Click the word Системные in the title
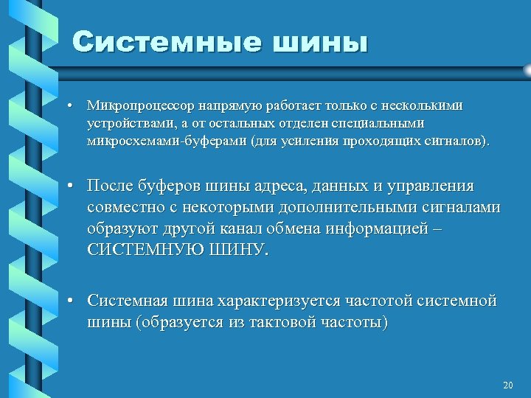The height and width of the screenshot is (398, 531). click(x=167, y=43)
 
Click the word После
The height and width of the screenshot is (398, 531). click(x=111, y=186)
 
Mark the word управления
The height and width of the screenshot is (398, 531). click(x=428, y=186)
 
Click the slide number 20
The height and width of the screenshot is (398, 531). click(x=507, y=385)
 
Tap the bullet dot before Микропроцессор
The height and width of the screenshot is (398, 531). click(x=67, y=106)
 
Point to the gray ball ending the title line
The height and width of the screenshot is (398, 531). click(x=527, y=69)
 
